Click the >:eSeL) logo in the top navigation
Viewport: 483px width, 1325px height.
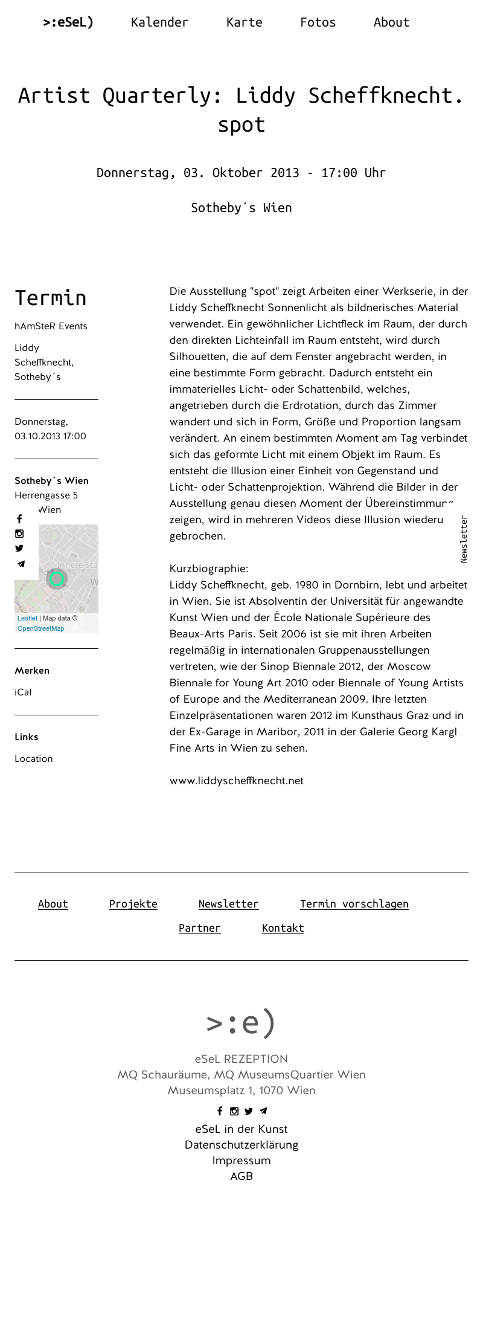pos(68,22)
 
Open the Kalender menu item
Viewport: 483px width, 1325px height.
pos(159,22)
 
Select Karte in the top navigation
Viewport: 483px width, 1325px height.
pos(244,22)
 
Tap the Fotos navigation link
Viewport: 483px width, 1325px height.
pos(318,22)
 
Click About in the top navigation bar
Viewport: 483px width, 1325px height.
pos(391,22)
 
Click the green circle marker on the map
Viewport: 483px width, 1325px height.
pos(57,579)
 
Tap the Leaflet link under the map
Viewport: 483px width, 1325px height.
pos(27,618)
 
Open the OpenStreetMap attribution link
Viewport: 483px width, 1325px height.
pos(40,628)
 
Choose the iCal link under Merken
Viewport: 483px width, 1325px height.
pos(23,692)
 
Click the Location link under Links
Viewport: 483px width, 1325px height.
pos(34,759)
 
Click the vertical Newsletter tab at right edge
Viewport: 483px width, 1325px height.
pos(464,539)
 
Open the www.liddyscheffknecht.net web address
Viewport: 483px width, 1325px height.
pos(236,781)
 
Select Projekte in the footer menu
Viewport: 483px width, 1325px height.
pos(133,904)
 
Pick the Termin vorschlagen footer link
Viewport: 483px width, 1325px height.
pos(354,904)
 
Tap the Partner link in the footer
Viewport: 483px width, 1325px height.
pos(199,928)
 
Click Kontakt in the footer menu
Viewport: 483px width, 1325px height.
pos(283,928)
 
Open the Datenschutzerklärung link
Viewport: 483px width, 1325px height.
pos(241,1145)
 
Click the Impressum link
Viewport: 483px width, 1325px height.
pos(241,1161)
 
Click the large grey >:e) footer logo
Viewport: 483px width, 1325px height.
pos(241,1022)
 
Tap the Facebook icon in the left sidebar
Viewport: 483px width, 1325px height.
pos(19,519)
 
